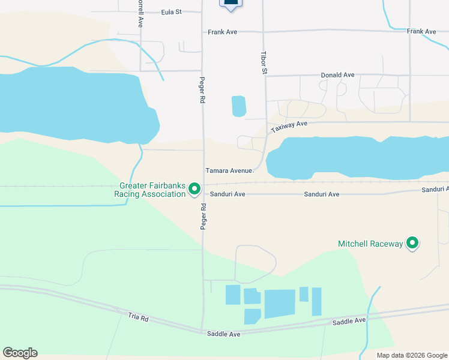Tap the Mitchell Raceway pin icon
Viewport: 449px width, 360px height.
click(x=412, y=243)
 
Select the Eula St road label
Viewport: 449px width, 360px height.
click(x=172, y=11)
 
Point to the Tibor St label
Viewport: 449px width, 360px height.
click(x=264, y=62)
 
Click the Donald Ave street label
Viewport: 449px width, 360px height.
click(x=337, y=75)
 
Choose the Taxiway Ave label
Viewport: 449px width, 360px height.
click(x=289, y=127)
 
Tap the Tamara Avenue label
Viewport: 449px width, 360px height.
click(x=230, y=170)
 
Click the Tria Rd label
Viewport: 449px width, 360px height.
click(x=138, y=317)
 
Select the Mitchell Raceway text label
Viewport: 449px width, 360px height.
click(x=370, y=244)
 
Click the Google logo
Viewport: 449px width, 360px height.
click(x=20, y=353)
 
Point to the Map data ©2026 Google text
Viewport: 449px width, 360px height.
click(x=412, y=355)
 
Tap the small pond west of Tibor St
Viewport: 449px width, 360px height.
click(x=239, y=106)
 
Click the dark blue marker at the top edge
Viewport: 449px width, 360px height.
click(x=231, y=4)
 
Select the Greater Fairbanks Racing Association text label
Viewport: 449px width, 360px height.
click(x=152, y=190)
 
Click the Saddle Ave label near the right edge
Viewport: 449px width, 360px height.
click(x=349, y=321)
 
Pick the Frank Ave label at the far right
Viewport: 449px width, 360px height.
click(x=421, y=31)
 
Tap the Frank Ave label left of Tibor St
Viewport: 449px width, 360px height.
click(x=223, y=32)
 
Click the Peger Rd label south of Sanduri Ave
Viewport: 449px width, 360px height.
click(x=203, y=216)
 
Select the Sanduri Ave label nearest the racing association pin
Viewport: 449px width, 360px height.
click(x=228, y=194)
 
